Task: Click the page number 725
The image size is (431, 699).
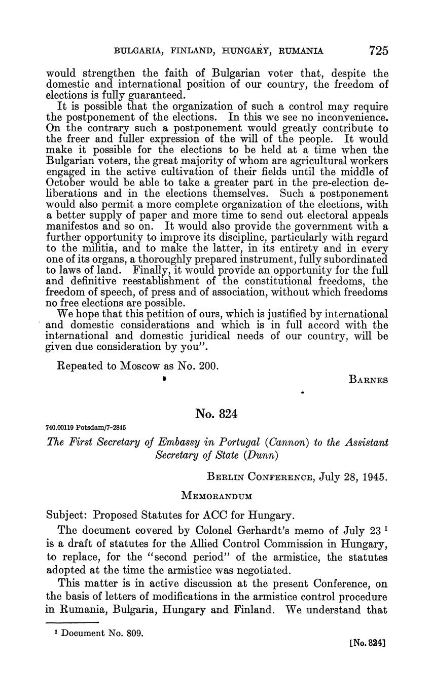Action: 378,50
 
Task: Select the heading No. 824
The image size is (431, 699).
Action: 215,414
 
